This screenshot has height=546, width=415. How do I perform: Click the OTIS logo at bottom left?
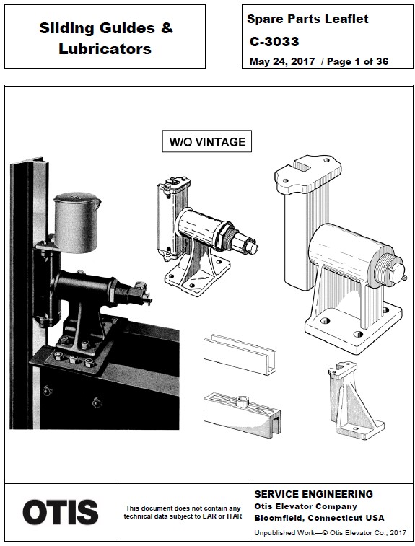point(61,512)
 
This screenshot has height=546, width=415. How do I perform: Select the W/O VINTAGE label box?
point(207,141)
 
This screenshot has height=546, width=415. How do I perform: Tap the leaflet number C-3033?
point(274,41)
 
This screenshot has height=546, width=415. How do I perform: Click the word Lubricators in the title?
point(105,49)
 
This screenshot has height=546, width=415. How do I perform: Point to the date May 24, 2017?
point(282,61)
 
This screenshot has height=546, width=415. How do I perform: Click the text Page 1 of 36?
point(357,61)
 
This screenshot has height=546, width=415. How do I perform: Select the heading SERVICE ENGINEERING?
point(314,494)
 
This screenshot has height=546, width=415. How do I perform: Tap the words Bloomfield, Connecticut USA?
point(319,518)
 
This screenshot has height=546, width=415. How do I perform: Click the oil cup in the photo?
point(76,222)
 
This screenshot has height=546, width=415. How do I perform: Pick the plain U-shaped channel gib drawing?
point(240,354)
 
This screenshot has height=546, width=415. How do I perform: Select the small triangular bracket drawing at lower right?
point(355,400)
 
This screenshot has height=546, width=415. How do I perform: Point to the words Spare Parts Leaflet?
point(307,19)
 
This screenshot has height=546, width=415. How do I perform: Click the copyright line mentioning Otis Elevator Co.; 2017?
point(330,532)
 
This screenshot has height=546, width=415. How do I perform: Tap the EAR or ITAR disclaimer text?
point(183,512)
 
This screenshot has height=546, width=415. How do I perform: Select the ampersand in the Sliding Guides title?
point(167,27)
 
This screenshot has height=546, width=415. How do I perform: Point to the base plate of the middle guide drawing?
point(197,274)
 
